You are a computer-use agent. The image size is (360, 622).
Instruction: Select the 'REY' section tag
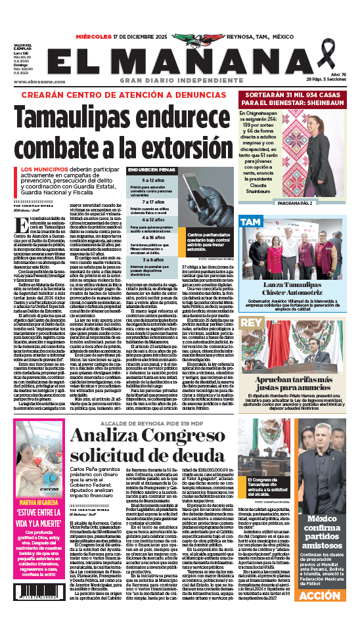click(251, 323)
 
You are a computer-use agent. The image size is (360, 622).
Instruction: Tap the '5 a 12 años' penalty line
click(152, 180)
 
